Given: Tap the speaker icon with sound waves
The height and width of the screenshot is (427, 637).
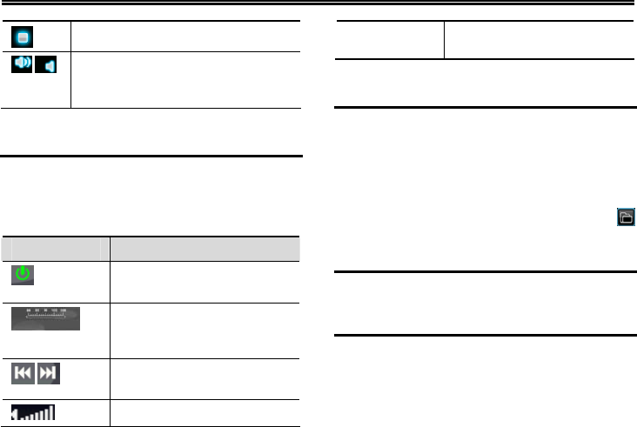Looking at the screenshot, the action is coord(23,65).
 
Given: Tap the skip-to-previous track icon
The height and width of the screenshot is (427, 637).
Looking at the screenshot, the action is coord(23,375).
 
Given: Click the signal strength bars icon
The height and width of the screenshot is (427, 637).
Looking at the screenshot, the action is coord(33,412).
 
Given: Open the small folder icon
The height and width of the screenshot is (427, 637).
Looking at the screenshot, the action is coord(625,217).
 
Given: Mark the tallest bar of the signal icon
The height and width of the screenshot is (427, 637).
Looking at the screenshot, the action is coord(50,411).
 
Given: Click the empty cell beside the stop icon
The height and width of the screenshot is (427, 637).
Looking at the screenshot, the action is coord(185,37).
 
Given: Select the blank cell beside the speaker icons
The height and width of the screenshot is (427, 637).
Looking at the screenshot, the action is coord(185,79).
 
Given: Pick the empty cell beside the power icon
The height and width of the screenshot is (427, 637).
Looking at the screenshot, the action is coord(205,281).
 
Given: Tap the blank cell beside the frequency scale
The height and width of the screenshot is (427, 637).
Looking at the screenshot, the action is coord(205,330).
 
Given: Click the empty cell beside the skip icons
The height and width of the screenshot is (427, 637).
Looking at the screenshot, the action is coord(205,379).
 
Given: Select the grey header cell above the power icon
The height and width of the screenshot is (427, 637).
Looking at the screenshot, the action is coord(56,248).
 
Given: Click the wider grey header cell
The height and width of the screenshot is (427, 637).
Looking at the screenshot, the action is coord(205,248).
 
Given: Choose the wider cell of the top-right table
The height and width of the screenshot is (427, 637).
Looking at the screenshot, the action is coord(540,40).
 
